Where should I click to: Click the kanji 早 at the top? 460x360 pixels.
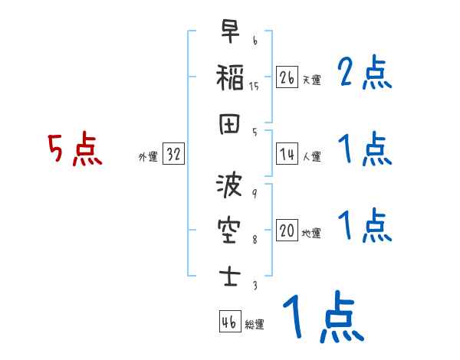(x=230, y=31)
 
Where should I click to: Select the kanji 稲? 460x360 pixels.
(x=230, y=77)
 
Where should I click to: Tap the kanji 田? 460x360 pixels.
(x=229, y=124)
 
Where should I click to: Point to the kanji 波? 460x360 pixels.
(x=229, y=185)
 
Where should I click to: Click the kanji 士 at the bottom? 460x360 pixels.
(x=230, y=277)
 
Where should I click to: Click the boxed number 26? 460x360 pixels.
(x=287, y=77)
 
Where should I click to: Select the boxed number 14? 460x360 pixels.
(x=287, y=154)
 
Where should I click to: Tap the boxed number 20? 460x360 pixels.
(x=287, y=230)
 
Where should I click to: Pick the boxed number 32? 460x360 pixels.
(x=173, y=153)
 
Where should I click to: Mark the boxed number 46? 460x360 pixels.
(x=230, y=321)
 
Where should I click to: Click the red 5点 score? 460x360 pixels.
(x=75, y=149)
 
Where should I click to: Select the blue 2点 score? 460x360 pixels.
(x=364, y=72)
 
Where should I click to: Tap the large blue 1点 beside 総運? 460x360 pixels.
(x=324, y=316)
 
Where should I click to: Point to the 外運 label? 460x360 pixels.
(x=148, y=156)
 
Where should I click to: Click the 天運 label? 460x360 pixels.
(x=312, y=80)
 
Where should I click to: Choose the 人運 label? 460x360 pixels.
(x=312, y=156)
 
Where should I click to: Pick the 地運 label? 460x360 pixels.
(x=311, y=233)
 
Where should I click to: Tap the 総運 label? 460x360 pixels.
(x=255, y=324)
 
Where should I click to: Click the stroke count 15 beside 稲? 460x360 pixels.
(x=254, y=87)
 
